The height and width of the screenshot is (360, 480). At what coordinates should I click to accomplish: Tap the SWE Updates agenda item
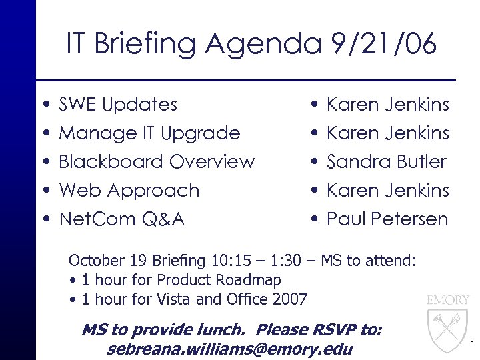tap(118, 105)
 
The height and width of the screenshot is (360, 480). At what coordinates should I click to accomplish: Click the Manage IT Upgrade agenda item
tap(149, 133)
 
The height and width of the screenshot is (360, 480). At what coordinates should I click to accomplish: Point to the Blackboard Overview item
tap(157, 162)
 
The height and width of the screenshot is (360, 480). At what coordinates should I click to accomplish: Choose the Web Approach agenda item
tap(129, 191)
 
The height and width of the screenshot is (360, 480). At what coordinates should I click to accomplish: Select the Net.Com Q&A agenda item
tap(122, 219)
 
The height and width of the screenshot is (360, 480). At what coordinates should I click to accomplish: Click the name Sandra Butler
tap(387, 162)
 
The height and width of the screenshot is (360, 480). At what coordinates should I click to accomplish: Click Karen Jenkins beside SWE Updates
tap(388, 105)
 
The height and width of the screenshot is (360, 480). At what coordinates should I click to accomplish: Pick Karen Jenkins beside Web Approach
tap(388, 191)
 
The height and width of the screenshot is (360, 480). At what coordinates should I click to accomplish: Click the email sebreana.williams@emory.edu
tap(229, 349)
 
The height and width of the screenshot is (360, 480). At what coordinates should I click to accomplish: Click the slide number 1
tap(471, 344)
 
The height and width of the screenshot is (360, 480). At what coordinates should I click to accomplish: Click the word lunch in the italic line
tap(225, 330)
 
